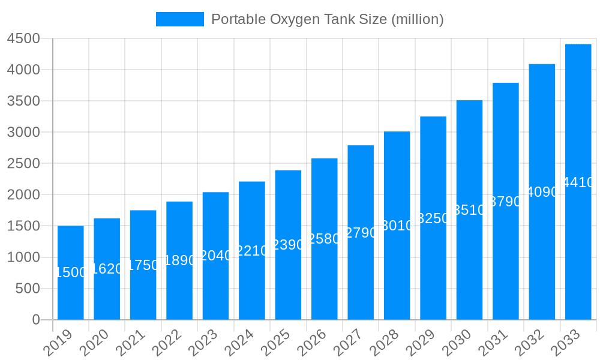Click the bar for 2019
point(71,273)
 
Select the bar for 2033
point(578,182)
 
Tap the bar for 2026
point(325,239)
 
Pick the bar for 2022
point(179,260)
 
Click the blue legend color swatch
point(179,19)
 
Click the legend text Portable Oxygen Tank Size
point(328,19)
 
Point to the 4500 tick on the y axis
point(23,38)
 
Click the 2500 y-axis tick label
point(23,164)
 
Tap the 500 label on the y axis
point(28,289)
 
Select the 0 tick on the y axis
point(36,320)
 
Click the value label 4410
point(578,183)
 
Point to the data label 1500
point(71,272)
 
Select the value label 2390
point(288,245)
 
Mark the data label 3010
point(397,226)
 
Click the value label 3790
point(506,202)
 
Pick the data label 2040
point(215,256)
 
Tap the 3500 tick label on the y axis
point(23,101)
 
